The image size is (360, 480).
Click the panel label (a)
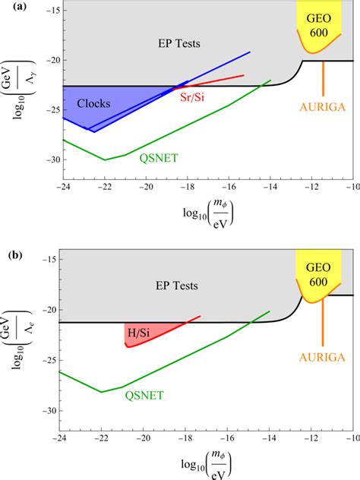tap(11, 8)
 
